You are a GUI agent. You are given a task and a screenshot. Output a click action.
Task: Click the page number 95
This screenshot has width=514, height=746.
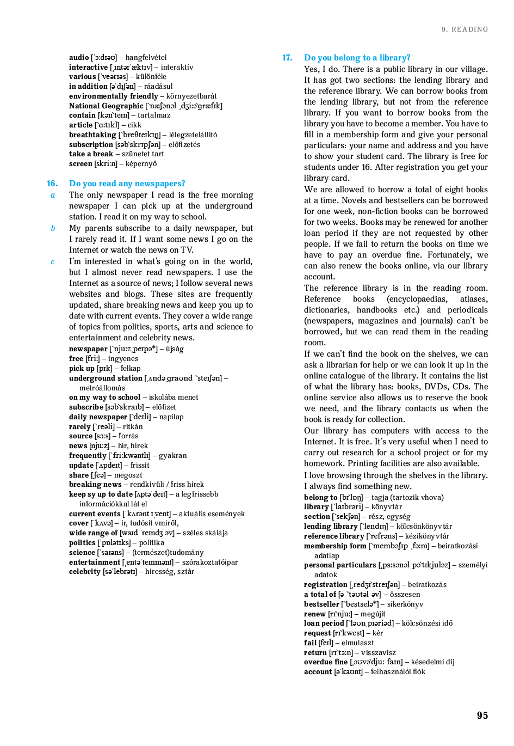[x=482, y=716]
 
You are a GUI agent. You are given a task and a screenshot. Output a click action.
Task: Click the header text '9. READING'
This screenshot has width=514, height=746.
[x=465, y=29]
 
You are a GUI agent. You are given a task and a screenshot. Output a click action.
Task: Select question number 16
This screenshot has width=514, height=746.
[x=52, y=184]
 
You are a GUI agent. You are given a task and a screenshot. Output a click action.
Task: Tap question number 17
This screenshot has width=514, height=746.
[x=287, y=58]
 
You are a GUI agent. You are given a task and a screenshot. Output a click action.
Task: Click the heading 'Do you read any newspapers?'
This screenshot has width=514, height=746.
[x=127, y=184]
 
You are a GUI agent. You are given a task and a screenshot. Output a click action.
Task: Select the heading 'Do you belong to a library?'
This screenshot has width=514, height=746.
[x=357, y=58]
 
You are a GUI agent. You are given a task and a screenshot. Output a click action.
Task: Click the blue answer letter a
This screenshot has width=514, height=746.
[x=53, y=195]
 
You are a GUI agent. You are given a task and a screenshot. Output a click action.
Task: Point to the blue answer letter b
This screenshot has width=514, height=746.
[x=53, y=228]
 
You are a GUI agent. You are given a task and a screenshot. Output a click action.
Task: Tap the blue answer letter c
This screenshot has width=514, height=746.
[x=53, y=261]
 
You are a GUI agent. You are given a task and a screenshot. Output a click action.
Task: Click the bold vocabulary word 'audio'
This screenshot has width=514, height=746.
[x=79, y=57]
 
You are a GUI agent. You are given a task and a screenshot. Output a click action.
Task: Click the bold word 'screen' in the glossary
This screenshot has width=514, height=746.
[x=80, y=163]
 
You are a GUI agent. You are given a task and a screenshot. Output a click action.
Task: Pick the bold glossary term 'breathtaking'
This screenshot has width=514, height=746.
[x=92, y=134]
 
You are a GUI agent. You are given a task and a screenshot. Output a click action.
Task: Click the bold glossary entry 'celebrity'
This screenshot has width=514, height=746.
[x=84, y=572]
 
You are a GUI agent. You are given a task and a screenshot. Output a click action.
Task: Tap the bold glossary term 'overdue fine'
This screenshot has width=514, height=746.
[x=325, y=662]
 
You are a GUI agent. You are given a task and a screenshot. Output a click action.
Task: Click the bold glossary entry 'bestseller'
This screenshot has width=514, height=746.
[x=321, y=604]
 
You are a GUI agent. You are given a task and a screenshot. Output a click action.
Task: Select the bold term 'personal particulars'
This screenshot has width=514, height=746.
[x=340, y=565]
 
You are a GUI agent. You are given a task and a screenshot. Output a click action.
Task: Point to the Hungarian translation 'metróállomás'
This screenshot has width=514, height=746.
[x=102, y=388]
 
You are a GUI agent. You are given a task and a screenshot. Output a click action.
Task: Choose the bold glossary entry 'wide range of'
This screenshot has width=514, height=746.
[x=93, y=533]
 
